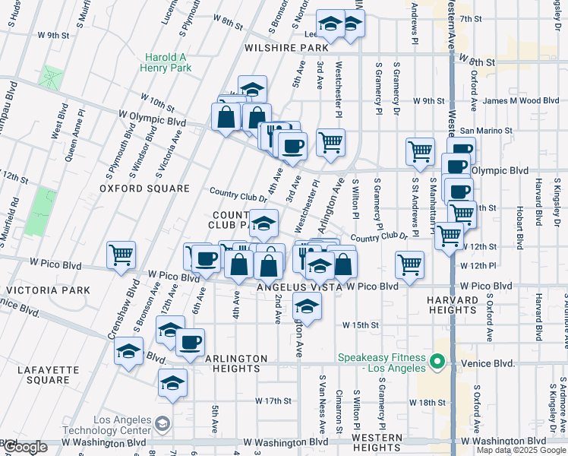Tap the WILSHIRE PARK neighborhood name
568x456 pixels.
(x=286, y=47)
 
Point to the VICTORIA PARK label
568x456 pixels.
(x=47, y=290)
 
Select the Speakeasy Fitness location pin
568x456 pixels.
(x=437, y=361)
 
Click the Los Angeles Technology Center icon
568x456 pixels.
(x=162, y=423)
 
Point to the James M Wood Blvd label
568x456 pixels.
(x=521, y=100)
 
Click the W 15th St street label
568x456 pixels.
(x=360, y=325)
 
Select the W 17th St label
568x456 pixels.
(x=273, y=401)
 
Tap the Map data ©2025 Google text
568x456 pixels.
(x=521, y=450)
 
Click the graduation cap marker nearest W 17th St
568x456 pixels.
(x=173, y=382)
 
